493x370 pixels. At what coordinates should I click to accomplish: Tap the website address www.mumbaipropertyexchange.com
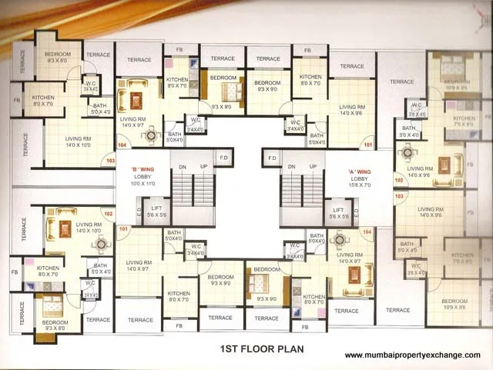click(x=412, y=355)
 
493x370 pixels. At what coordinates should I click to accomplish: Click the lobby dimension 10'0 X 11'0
click(x=143, y=184)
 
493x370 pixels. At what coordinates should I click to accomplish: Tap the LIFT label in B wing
click(x=156, y=208)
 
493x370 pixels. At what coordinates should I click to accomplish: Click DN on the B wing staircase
click(x=183, y=166)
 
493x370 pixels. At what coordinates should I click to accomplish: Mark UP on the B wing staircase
click(x=203, y=166)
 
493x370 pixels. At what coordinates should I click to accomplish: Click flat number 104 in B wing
click(x=122, y=145)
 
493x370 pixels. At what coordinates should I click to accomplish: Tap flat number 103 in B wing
click(x=110, y=162)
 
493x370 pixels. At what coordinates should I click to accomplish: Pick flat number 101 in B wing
click(x=122, y=229)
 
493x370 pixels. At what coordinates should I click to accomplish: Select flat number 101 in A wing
click(x=367, y=145)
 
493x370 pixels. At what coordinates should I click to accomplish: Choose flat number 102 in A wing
click(x=398, y=180)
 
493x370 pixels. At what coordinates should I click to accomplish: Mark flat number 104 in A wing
click(x=367, y=232)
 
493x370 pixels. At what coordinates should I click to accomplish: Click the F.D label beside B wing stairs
click(x=224, y=158)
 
